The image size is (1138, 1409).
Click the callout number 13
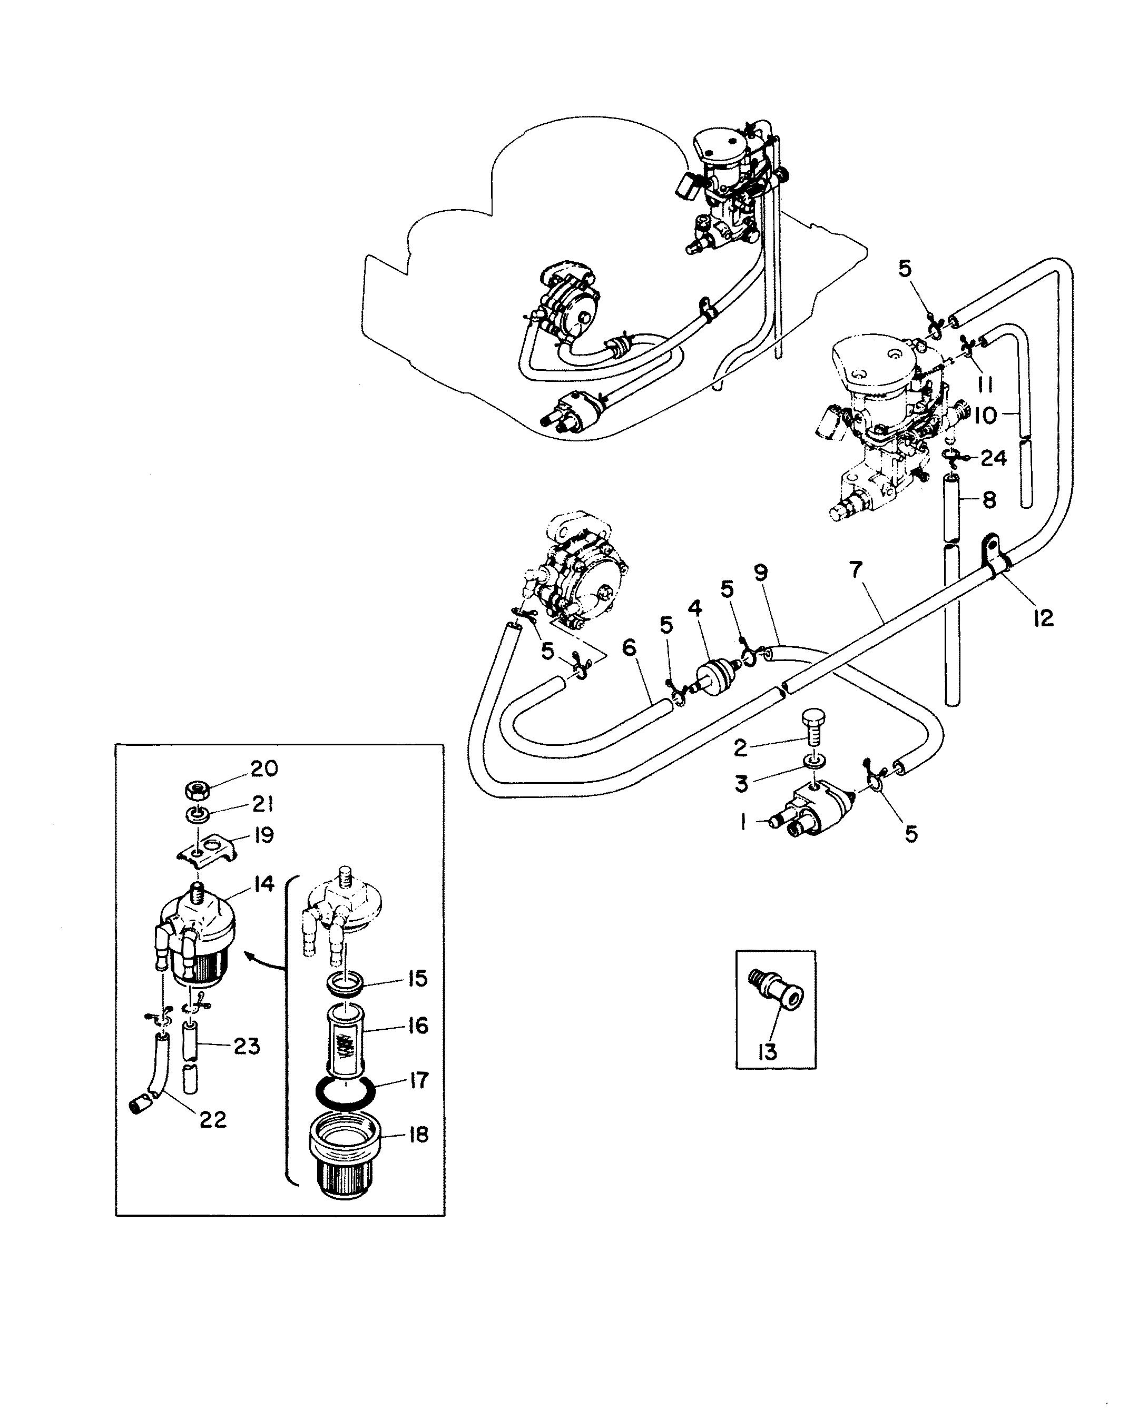pyautogui.click(x=767, y=1051)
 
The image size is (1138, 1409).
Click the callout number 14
pyautogui.click(x=264, y=884)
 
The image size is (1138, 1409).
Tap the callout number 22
pyautogui.click(x=212, y=1118)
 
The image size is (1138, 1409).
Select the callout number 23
pyautogui.click(x=247, y=1046)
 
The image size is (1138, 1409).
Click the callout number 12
pyautogui.click(x=1043, y=617)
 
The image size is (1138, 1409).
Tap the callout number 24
pyautogui.click(x=993, y=458)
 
